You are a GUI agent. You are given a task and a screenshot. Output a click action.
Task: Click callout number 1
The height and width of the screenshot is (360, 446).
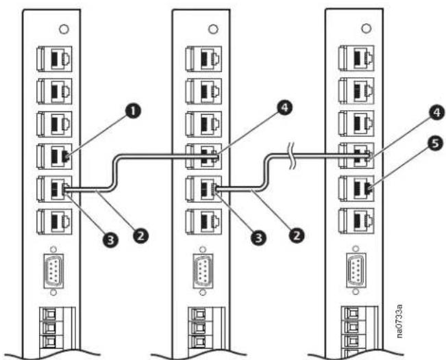(133, 112)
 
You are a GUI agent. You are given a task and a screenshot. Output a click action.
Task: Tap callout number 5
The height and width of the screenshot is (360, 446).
(436, 144)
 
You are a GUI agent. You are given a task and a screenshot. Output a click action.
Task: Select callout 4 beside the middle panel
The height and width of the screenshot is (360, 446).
(284, 109)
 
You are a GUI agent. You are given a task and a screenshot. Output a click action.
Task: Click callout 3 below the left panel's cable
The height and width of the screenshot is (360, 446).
(110, 240)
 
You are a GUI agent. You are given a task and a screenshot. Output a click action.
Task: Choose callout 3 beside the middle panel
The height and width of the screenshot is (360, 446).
(258, 237)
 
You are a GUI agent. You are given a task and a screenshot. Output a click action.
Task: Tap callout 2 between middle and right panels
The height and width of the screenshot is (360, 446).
(297, 235)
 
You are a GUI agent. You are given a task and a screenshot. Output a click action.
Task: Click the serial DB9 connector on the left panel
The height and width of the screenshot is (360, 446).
(53, 271)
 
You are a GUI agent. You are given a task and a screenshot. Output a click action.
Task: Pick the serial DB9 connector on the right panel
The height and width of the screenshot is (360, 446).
(356, 270)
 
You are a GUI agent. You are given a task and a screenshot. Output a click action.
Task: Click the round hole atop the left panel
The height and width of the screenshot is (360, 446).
(64, 29)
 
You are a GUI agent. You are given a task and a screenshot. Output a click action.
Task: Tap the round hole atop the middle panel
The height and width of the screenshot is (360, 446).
(213, 29)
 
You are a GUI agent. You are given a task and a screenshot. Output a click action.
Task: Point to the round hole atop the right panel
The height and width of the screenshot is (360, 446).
(366, 28)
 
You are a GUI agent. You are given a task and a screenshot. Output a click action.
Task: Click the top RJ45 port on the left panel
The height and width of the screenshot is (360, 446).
(54, 59)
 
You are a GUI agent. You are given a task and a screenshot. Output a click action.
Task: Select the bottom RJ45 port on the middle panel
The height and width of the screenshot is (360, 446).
(203, 222)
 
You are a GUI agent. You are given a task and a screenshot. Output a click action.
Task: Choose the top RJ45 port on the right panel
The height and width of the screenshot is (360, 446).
(357, 58)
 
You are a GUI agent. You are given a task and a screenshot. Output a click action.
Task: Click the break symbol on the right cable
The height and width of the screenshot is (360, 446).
(293, 156)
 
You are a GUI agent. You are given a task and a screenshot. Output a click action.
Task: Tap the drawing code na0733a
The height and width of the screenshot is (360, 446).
(399, 321)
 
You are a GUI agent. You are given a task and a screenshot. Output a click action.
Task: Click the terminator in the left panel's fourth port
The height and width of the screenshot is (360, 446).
(65, 156)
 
